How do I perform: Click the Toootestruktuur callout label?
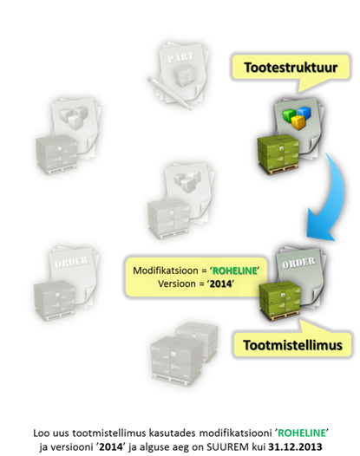click(x=291, y=68)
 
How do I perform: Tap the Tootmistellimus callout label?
click(x=293, y=345)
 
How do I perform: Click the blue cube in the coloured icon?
click(x=303, y=112)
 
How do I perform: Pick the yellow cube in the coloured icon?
click(x=298, y=122)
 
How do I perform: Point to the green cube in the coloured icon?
click(x=290, y=116)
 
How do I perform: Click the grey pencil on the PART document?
click(x=169, y=93)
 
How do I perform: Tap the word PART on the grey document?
click(x=180, y=57)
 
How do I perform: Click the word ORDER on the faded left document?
click(x=71, y=262)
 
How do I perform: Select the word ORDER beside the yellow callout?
click(x=298, y=263)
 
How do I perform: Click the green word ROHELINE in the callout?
click(x=234, y=270)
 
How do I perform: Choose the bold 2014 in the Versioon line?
click(x=220, y=283)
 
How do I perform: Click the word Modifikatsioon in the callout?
click(x=166, y=270)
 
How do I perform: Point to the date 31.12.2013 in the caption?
click(x=295, y=446)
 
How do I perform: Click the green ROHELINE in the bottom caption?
click(x=302, y=433)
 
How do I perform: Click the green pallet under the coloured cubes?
click(x=278, y=154)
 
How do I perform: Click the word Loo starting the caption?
click(x=41, y=433)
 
